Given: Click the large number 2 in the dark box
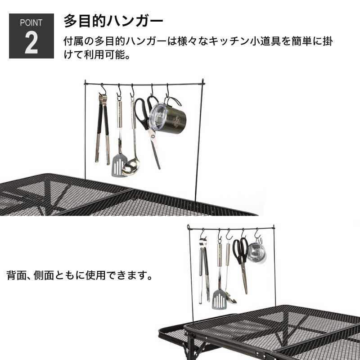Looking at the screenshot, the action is (31, 43).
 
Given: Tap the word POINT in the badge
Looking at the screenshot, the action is (31, 23).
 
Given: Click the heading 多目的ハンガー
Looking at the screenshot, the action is (113, 21).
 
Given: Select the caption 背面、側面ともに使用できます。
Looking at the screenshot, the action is (80, 275).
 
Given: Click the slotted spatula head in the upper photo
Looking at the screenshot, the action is (119, 165).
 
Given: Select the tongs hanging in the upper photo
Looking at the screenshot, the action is (103, 129).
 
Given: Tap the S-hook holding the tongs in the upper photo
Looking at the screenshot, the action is (103, 89).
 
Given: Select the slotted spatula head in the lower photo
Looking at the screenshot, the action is (219, 299).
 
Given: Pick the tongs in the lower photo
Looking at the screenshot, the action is (204, 271).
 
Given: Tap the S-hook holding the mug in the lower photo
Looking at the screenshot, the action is (257, 233).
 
